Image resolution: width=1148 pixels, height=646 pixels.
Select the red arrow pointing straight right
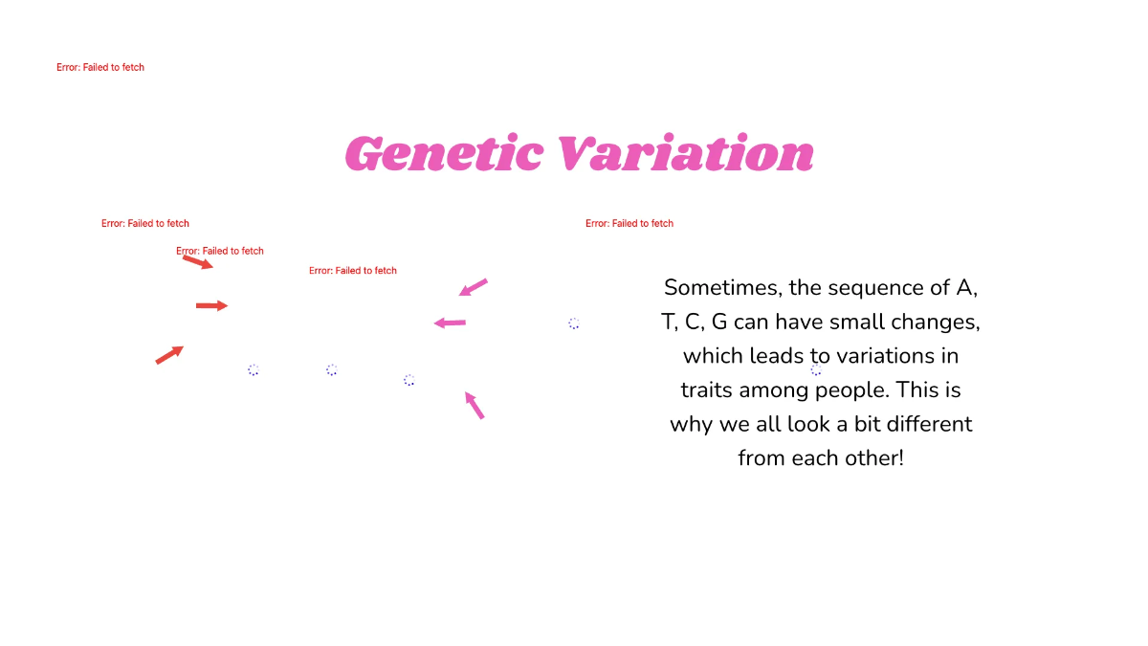coord(211,305)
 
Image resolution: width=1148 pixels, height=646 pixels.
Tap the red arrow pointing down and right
coord(198,261)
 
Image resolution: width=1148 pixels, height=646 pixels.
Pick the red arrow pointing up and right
coord(169,355)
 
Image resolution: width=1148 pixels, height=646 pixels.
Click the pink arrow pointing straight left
coord(450,323)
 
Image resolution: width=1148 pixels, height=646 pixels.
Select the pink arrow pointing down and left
coord(474,287)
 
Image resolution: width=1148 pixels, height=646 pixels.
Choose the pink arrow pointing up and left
coord(475,405)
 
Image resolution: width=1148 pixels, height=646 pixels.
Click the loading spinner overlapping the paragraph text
coord(816,370)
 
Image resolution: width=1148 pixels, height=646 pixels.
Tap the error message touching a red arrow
coord(220,251)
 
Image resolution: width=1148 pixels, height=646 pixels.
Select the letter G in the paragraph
coord(719,322)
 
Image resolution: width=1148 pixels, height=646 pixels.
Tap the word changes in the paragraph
coord(943,322)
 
